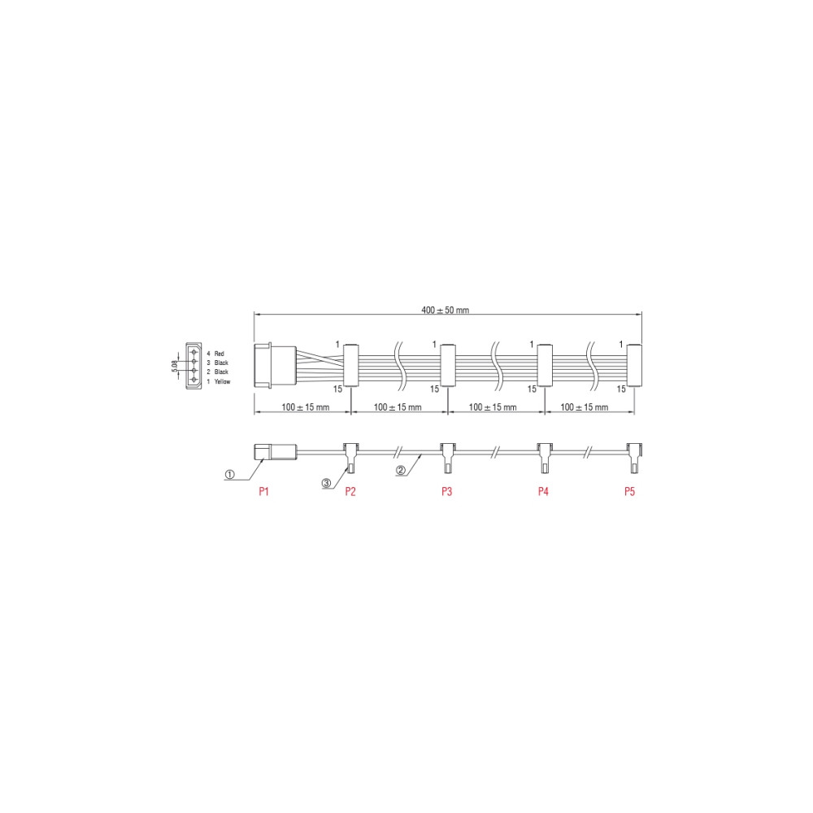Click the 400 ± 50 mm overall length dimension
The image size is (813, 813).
(x=445, y=310)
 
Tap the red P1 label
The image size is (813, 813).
(x=264, y=491)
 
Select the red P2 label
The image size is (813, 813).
(x=350, y=491)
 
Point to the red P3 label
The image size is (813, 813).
(x=446, y=491)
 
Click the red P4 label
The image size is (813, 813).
(x=543, y=491)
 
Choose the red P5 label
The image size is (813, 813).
(x=629, y=491)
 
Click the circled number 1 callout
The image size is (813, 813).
(x=230, y=474)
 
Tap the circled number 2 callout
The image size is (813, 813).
(x=400, y=470)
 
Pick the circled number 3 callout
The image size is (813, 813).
(x=326, y=483)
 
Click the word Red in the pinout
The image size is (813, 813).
(x=220, y=354)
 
